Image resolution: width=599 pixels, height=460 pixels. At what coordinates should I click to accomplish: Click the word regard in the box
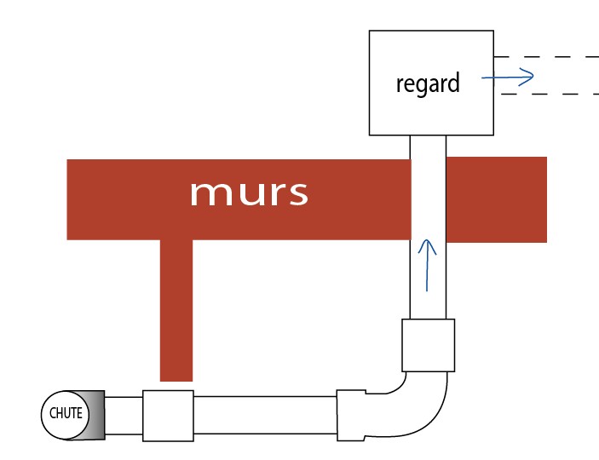tap(428, 83)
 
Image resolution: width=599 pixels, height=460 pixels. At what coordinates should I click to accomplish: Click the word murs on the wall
tap(248, 193)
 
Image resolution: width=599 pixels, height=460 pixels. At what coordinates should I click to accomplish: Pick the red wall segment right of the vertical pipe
tap(496, 199)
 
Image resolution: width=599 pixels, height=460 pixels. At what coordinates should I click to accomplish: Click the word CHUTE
tap(66, 414)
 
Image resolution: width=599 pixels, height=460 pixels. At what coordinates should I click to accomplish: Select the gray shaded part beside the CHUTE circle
tap(93, 415)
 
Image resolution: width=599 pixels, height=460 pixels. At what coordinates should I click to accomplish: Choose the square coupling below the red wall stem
tap(168, 415)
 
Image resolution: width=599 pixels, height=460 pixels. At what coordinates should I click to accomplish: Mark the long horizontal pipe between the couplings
tap(265, 415)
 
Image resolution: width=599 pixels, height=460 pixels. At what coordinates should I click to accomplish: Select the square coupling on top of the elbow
tap(428, 345)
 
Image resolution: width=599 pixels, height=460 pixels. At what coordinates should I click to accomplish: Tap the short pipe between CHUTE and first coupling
tap(124, 415)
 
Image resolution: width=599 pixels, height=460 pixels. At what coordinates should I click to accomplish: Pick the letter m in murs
tap(206, 194)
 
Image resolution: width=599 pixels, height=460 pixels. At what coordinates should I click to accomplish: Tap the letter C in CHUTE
tap(52, 414)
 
